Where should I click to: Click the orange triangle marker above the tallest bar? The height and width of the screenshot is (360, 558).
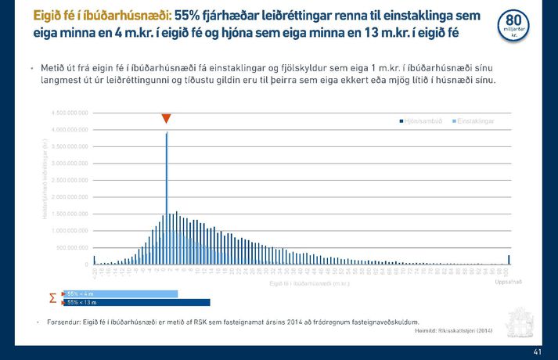pos(166,118)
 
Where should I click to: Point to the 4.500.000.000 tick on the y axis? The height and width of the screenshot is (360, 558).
pos(70,113)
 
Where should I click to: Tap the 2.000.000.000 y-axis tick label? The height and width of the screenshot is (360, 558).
pos(70,196)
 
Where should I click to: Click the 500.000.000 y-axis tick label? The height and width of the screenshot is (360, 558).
pos(73,247)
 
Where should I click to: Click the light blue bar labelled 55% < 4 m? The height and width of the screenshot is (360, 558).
pos(121,293)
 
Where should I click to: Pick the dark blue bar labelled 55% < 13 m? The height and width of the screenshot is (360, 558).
pos(137,302)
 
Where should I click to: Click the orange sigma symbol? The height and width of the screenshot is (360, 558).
pos(52,298)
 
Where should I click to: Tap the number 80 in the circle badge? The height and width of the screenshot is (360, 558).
pos(513,20)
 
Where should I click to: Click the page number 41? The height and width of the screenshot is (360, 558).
pos(536,352)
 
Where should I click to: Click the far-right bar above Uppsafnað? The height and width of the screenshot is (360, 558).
pos(509,260)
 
